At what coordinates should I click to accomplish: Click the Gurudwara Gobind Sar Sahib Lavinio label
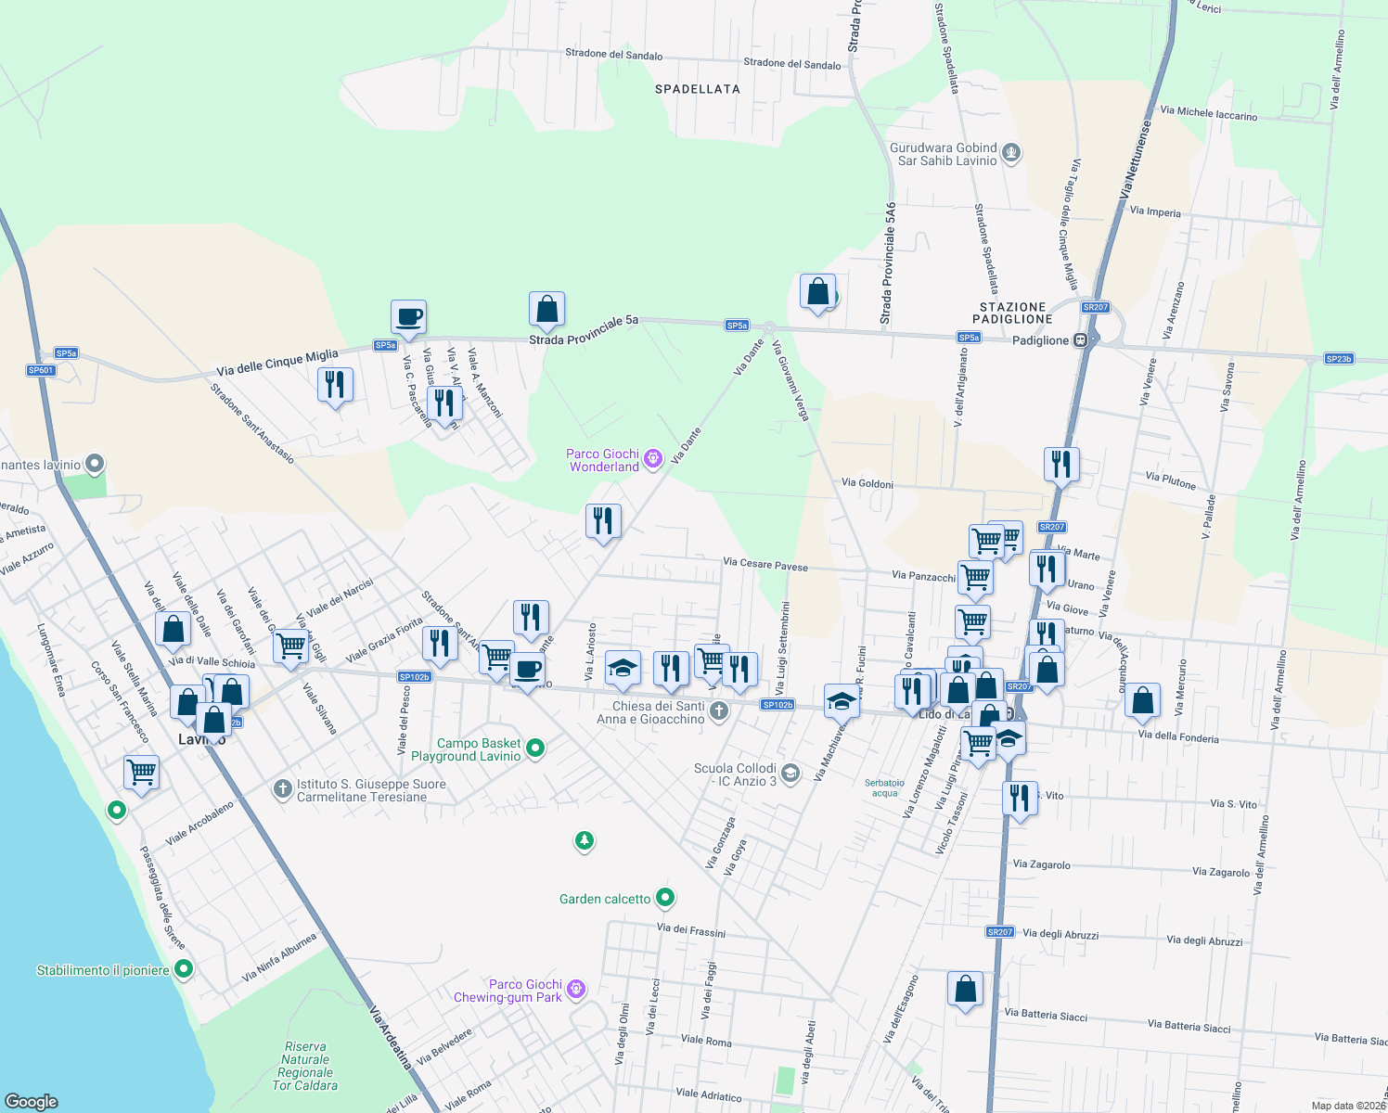click(943, 154)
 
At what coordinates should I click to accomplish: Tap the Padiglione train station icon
click(1080, 340)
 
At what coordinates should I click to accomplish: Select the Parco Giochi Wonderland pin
click(653, 456)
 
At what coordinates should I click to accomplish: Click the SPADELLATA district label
click(698, 89)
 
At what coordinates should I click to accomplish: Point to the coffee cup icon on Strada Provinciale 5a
click(408, 317)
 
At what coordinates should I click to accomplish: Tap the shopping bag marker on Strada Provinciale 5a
click(546, 309)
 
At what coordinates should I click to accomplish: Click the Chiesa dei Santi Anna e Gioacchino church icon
click(718, 712)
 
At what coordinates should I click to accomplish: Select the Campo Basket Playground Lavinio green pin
click(535, 748)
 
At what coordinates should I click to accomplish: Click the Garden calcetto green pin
click(665, 898)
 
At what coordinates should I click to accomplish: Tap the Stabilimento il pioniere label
click(103, 970)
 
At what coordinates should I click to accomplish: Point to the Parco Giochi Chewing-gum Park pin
click(576, 989)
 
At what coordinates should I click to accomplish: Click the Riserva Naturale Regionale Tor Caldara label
click(305, 1066)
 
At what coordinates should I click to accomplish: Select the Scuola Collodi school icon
click(790, 774)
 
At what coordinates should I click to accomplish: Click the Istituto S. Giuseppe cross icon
click(282, 789)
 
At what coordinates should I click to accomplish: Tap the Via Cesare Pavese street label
click(765, 564)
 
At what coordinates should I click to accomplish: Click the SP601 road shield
click(41, 370)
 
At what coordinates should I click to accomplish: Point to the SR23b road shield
click(1338, 359)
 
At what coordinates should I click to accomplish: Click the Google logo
click(32, 1102)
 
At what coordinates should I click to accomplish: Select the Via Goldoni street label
click(867, 483)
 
